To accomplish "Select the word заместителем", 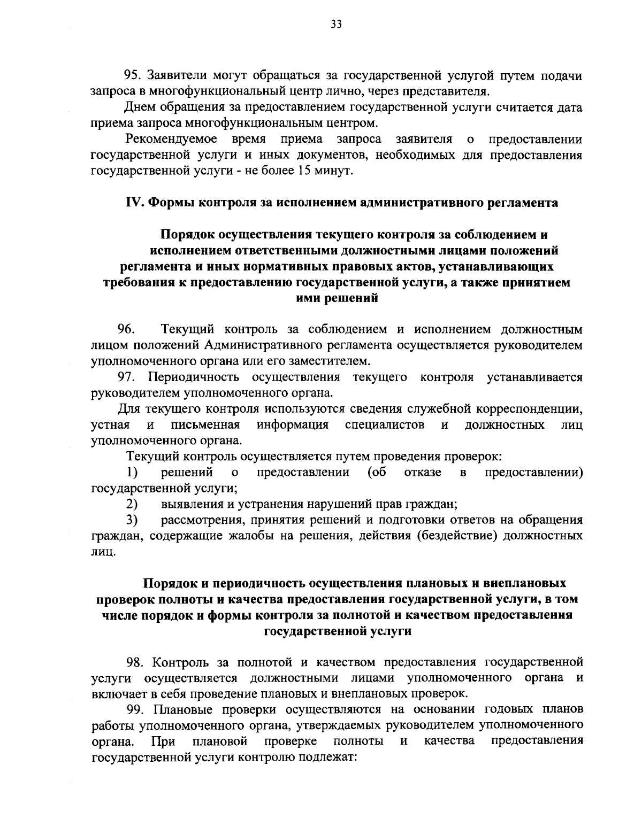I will click(330, 361).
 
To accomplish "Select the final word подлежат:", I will click(326, 758).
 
